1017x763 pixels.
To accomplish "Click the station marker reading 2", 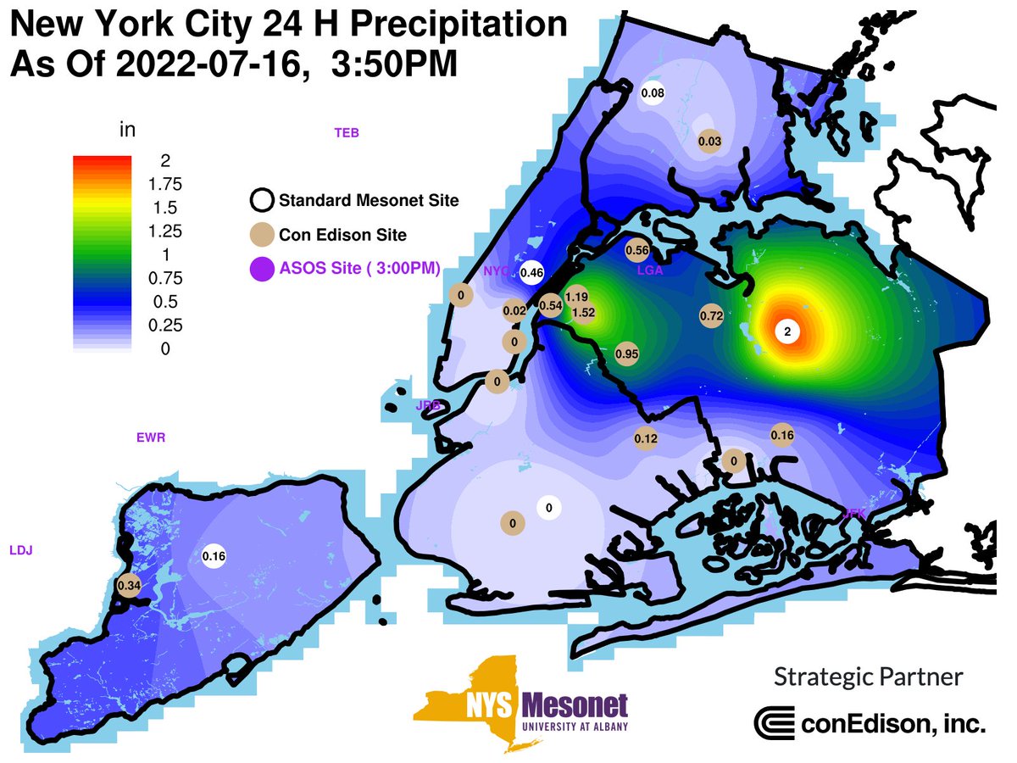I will coord(787,331).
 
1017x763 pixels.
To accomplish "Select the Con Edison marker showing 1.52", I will coord(584,312).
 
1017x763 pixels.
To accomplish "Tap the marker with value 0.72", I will coord(711,315).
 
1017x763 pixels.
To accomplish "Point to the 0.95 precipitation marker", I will coord(626,353).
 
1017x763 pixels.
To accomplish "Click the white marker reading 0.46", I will coord(532,272).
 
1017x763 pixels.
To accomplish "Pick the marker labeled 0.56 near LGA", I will coord(636,250).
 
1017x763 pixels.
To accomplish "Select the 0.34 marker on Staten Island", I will coord(129,584).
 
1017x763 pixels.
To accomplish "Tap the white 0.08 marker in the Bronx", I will coord(652,92).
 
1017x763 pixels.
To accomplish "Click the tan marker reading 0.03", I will coord(709,141).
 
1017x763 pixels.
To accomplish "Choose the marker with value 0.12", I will coord(646,438).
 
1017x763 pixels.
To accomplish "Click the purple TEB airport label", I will coord(347,132).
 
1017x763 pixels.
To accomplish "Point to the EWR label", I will coord(151,438).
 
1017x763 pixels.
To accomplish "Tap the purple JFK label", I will coord(854,513).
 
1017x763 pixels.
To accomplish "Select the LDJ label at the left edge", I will coord(20,550).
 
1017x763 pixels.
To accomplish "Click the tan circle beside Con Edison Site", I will coord(261,235).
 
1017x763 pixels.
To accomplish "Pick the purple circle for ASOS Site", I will coord(261,269).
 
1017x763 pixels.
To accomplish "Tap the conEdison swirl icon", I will coord(774,723).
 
